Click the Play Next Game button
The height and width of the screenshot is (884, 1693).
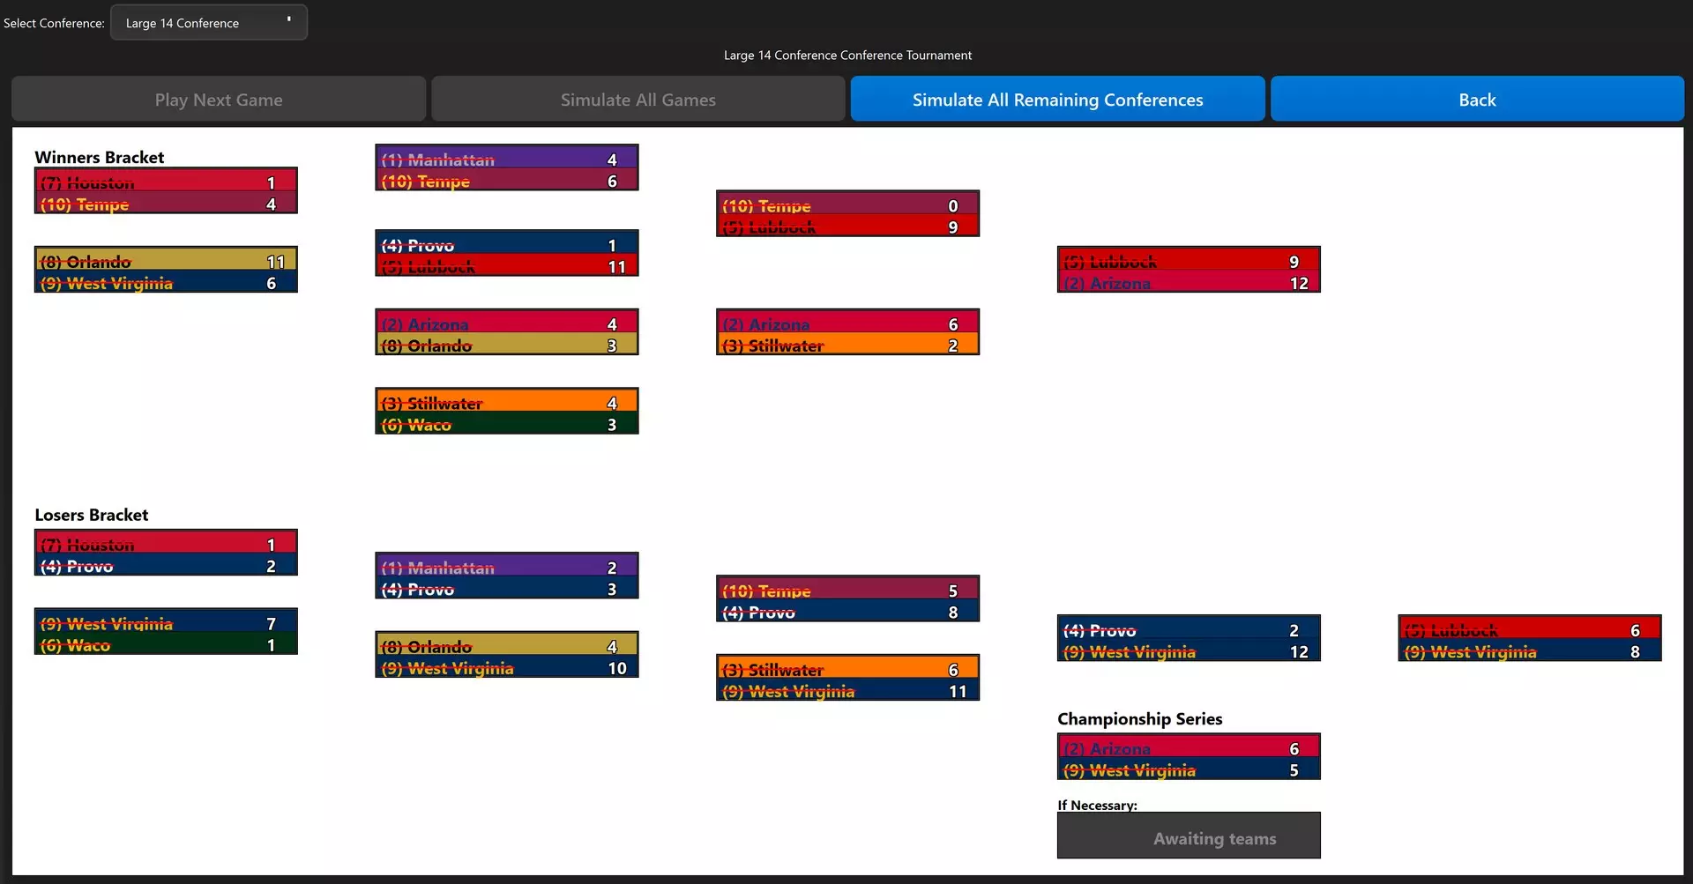pos(219,100)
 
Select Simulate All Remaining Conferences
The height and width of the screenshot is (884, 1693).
pos(1057,100)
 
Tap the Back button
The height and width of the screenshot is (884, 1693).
pos(1477,100)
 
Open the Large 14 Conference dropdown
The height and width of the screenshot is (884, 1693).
pos(209,23)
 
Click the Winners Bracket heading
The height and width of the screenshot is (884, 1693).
pos(100,157)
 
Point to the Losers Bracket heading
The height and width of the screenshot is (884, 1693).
pos(92,515)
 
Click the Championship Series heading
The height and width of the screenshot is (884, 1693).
pos(1139,718)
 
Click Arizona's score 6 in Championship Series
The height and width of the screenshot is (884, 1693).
pos(1294,748)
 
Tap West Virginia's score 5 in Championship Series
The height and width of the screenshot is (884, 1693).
pos(1294,770)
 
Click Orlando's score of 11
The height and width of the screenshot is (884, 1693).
pos(275,262)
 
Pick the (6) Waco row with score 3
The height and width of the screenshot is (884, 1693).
pos(506,425)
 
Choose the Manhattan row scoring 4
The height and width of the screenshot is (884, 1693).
pos(506,160)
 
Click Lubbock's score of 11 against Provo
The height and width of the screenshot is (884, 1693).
pos(616,266)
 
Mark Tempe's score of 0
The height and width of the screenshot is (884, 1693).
pos(952,205)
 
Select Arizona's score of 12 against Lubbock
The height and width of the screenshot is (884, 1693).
pos(1298,283)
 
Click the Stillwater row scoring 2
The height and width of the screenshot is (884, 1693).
pos(847,345)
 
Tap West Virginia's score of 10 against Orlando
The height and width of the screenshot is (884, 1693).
pos(616,668)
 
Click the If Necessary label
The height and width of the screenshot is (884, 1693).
pos(1097,805)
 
